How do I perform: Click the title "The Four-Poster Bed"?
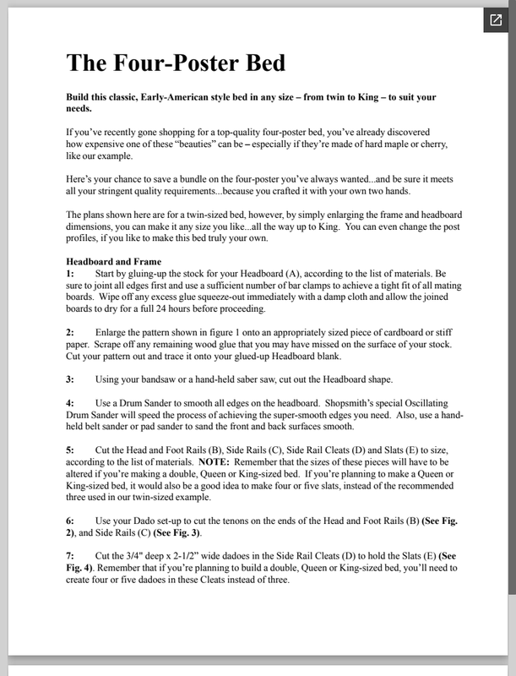[x=176, y=63]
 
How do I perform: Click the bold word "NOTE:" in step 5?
[x=217, y=464]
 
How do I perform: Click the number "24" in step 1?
[x=183, y=309]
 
